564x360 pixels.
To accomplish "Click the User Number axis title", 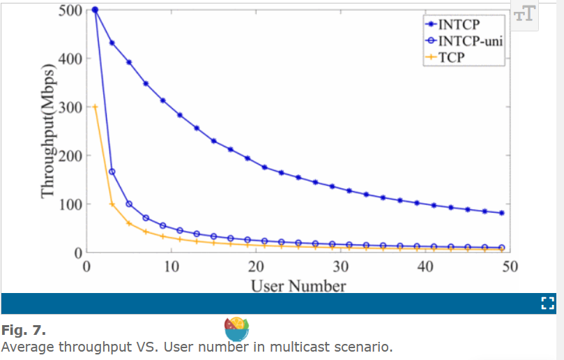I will pyautogui.click(x=298, y=285).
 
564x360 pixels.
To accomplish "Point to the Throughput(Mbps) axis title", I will pyautogui.click(x=47, y=130).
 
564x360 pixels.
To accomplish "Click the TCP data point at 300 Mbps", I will pyautogui.click(x=95, y=107).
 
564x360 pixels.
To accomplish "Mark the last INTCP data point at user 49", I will pyautogui.click(x=502, y=213).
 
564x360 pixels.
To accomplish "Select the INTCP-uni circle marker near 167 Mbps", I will pyautogui.click(x=112, y=172).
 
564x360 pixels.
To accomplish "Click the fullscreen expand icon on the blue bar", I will pyautogui.click(x=547, y=303).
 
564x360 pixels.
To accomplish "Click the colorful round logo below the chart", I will pyautogui.click(x=237, y=329).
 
